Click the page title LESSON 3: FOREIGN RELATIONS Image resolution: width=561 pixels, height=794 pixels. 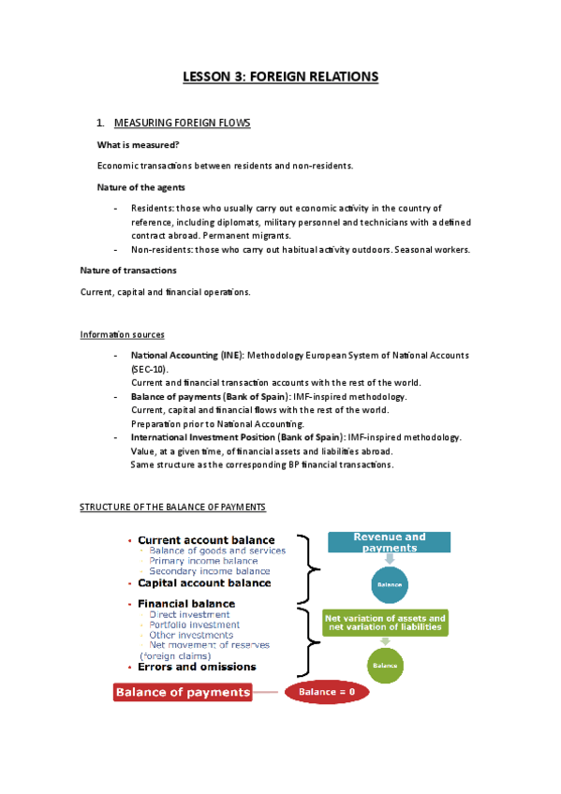click(280, 77)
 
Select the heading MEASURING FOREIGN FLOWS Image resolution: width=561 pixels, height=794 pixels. click(182, 123)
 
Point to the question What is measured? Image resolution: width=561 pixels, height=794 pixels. click(138, 145)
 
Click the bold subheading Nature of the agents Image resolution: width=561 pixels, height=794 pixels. click(140, 187)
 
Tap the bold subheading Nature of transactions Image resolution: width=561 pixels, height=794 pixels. click(127, 271)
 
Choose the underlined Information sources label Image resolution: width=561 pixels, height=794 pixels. click(123, 334)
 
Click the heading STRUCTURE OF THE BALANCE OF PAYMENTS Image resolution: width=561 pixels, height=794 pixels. click(172, 507)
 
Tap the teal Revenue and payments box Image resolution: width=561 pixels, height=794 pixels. click(389, 542)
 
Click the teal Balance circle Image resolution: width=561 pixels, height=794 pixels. click(389, 584)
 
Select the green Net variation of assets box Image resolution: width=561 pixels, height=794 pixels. click(385, 624)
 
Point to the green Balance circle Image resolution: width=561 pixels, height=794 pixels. click(386, 665)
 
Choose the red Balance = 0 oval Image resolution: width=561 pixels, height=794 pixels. click(327, 693)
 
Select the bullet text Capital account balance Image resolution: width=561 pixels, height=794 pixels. click(204, 583)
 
